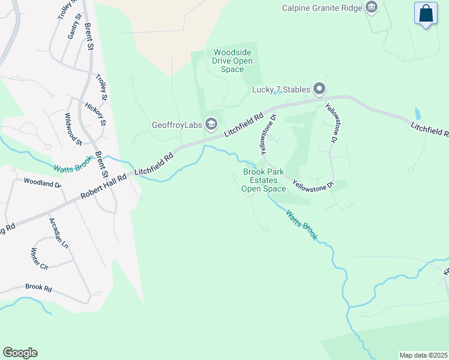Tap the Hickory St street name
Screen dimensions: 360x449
coord(95,114)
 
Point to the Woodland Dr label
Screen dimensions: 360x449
coord(43,182)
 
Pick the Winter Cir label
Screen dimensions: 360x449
coord(39,258)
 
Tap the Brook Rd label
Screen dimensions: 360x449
coord(38,287)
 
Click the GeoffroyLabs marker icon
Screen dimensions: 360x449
coord(211,124)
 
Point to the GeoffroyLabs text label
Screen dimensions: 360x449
coord(177,125)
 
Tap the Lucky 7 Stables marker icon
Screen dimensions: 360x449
coord(319,90)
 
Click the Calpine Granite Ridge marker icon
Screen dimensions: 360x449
coord(372,8)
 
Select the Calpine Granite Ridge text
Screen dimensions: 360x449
coord(323,8)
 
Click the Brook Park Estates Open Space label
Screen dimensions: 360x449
coord(264,180)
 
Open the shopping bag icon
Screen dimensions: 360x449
coord(426,14)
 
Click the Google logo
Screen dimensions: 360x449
coord(20,353)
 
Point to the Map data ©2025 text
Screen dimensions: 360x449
coord(423,355)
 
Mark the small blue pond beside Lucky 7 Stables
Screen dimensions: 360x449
coord(277,92)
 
